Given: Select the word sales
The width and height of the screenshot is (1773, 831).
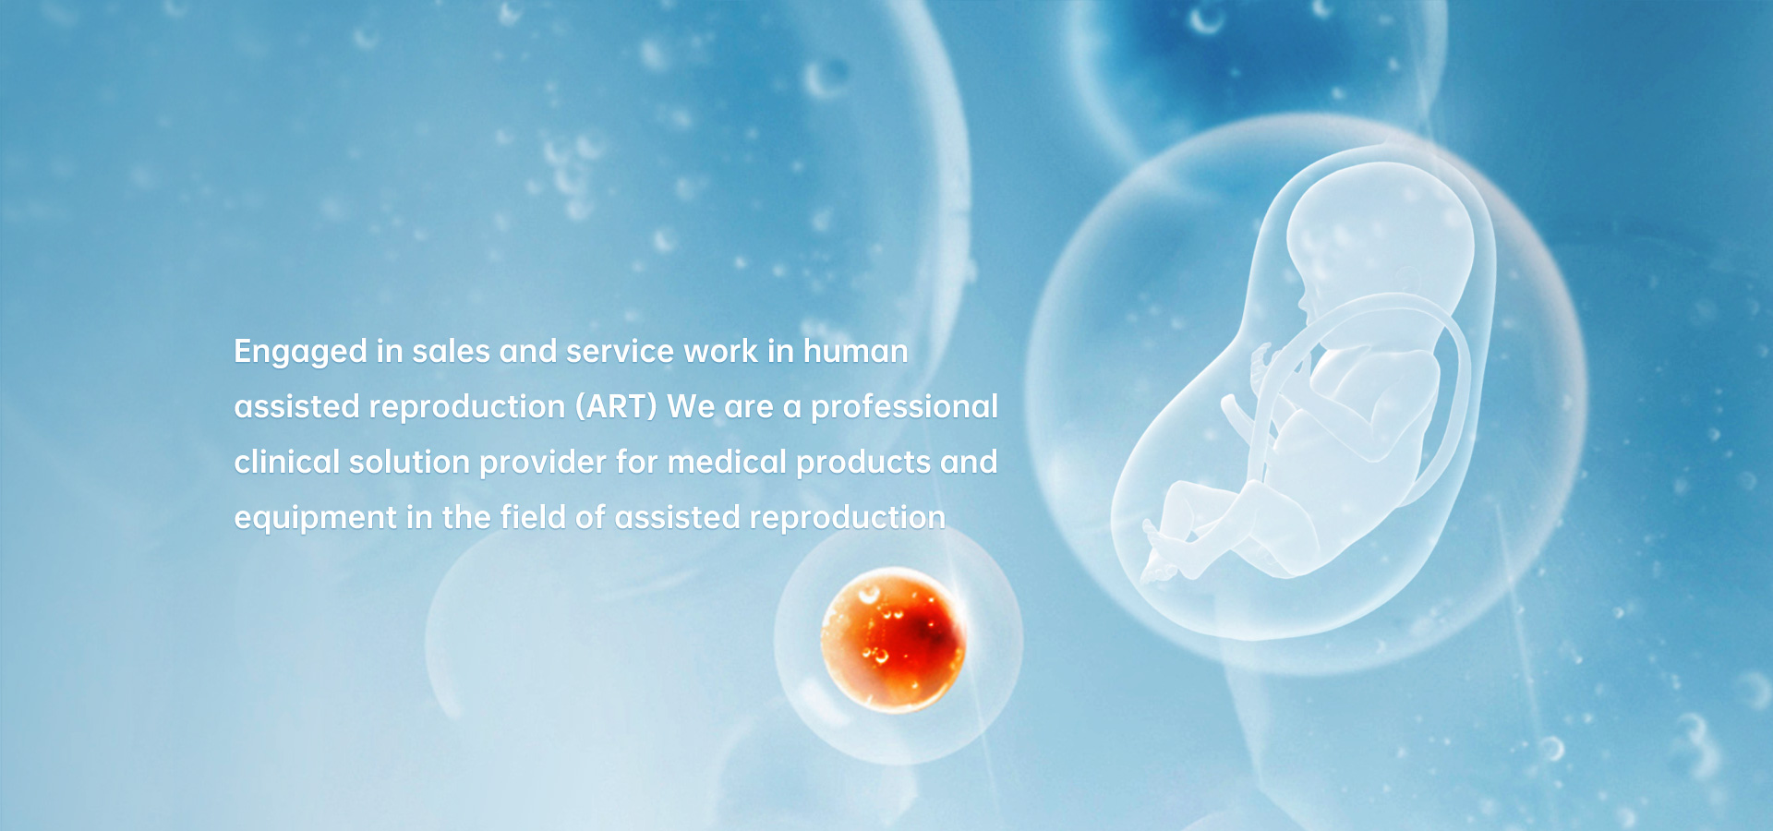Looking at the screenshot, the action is [x=451, y=351].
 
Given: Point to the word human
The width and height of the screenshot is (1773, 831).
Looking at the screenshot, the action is [x=855, y=351].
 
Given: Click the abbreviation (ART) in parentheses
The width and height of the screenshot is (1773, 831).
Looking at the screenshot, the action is [x=616, y=407].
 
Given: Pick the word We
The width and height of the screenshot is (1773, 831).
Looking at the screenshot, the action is [x=691, y=406].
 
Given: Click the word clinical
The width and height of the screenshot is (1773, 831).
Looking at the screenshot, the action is [x=287, y=462].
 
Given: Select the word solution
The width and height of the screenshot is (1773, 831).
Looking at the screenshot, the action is [x=410, y=462].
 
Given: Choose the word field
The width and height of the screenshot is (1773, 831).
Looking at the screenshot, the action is [x=533, y=517].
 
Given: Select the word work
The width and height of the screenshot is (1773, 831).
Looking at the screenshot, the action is [x=721, y=351].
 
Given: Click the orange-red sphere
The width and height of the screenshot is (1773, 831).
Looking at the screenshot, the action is [x=893, y=640].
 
